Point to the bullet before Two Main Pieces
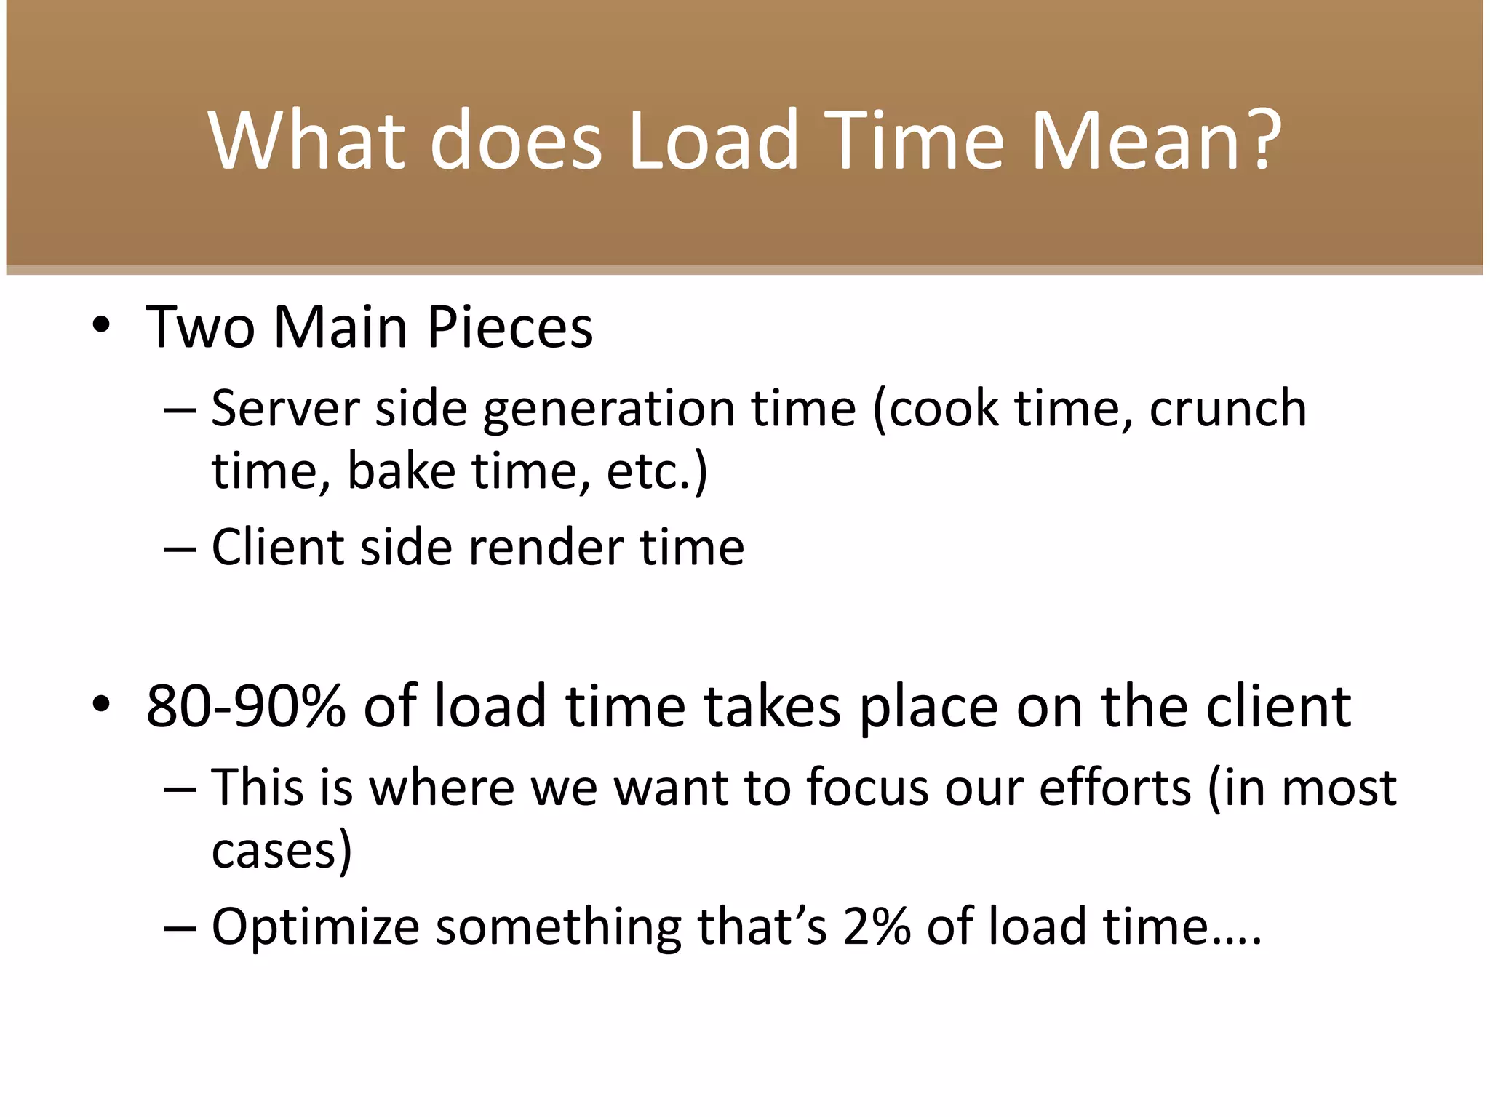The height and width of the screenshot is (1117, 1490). pos(101,325)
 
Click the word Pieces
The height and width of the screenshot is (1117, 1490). pos(509,327)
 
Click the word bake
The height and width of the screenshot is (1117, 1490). pos(401,471)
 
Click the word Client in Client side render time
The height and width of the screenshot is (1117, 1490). pos(277,547)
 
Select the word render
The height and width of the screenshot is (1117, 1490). pos(546,547)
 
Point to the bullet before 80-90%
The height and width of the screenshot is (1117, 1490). pos(101,704)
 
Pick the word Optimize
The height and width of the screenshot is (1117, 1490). pos(316,927)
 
